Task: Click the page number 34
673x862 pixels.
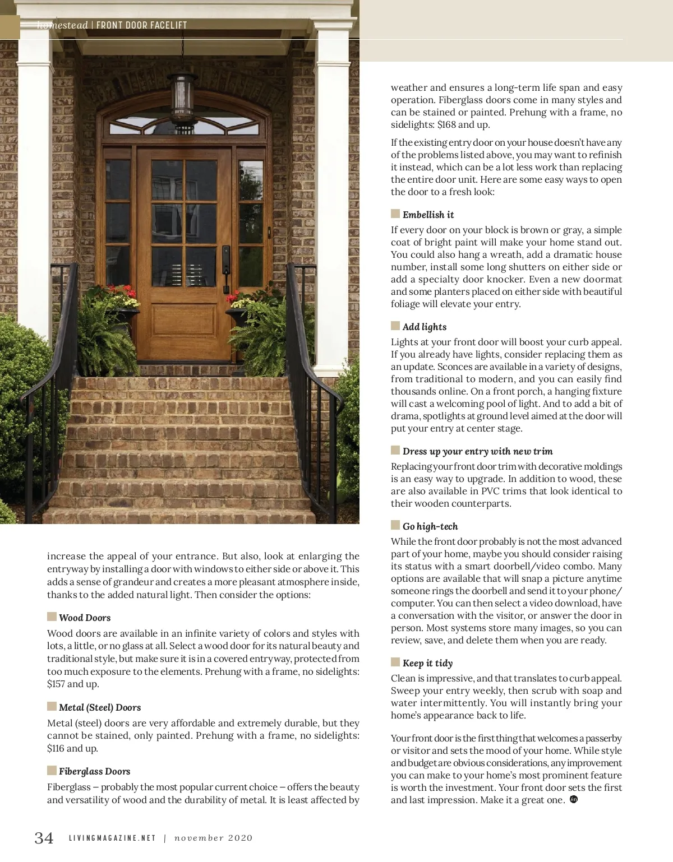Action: tap(44, 837)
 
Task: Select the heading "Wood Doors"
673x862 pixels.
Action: tap(85, 618)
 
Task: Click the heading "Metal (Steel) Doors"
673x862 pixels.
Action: tap(100, 707)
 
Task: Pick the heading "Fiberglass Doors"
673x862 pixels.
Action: tap(94, 771)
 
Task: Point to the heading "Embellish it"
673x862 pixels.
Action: tap(428, 215)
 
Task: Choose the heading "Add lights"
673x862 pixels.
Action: tap(425, 327)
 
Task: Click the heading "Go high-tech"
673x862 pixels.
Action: tap(430, 526)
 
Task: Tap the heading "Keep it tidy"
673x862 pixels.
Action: tap(427, 663)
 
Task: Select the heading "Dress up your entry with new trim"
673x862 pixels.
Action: tap(477, 451)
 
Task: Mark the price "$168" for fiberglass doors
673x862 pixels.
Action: tap(446, 124)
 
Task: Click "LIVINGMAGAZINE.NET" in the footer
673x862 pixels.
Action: tap(112, 838)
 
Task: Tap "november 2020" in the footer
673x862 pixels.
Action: tap(213, 838)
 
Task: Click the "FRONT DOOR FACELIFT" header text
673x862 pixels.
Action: tap(141, 25)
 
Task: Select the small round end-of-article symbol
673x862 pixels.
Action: tap(573, 799)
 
